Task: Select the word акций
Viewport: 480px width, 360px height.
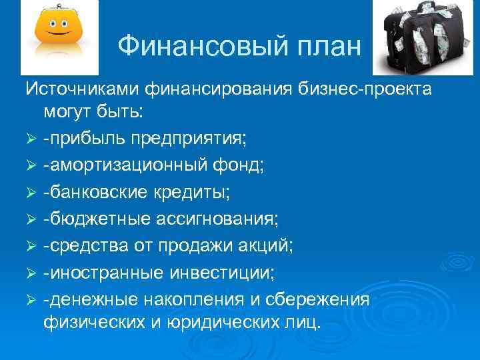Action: [x=267, y=245]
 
